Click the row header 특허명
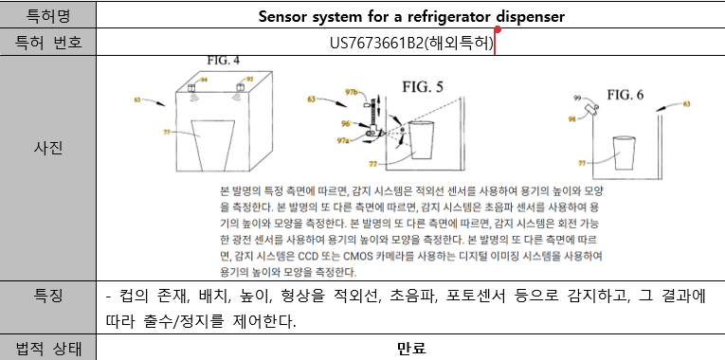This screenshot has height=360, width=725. point(49,15)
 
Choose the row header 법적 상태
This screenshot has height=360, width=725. point(49,347)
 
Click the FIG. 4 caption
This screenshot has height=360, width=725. point(224,61)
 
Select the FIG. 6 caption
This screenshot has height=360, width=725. point(625,95)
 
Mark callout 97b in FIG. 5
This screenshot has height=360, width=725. point(351,92)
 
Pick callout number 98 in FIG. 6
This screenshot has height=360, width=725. point(571,118)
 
